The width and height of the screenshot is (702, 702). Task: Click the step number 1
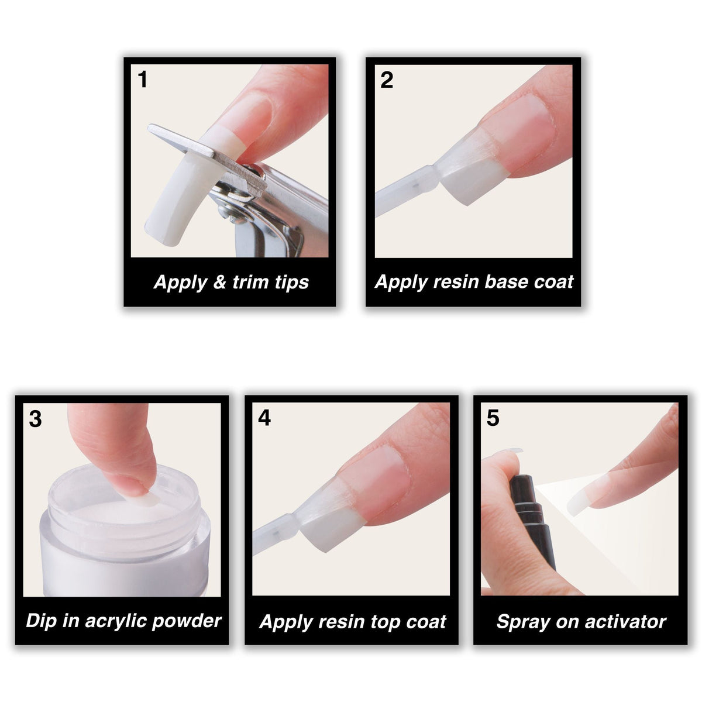click(142, 80)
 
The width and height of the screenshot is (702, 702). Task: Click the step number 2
click(386, 80)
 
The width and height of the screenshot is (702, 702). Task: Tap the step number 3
click(35, 419)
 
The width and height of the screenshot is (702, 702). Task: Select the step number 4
click(264, 418)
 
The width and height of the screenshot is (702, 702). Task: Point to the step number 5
click(493, 418)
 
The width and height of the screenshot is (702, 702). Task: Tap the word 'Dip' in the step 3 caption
click(41, 621)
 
